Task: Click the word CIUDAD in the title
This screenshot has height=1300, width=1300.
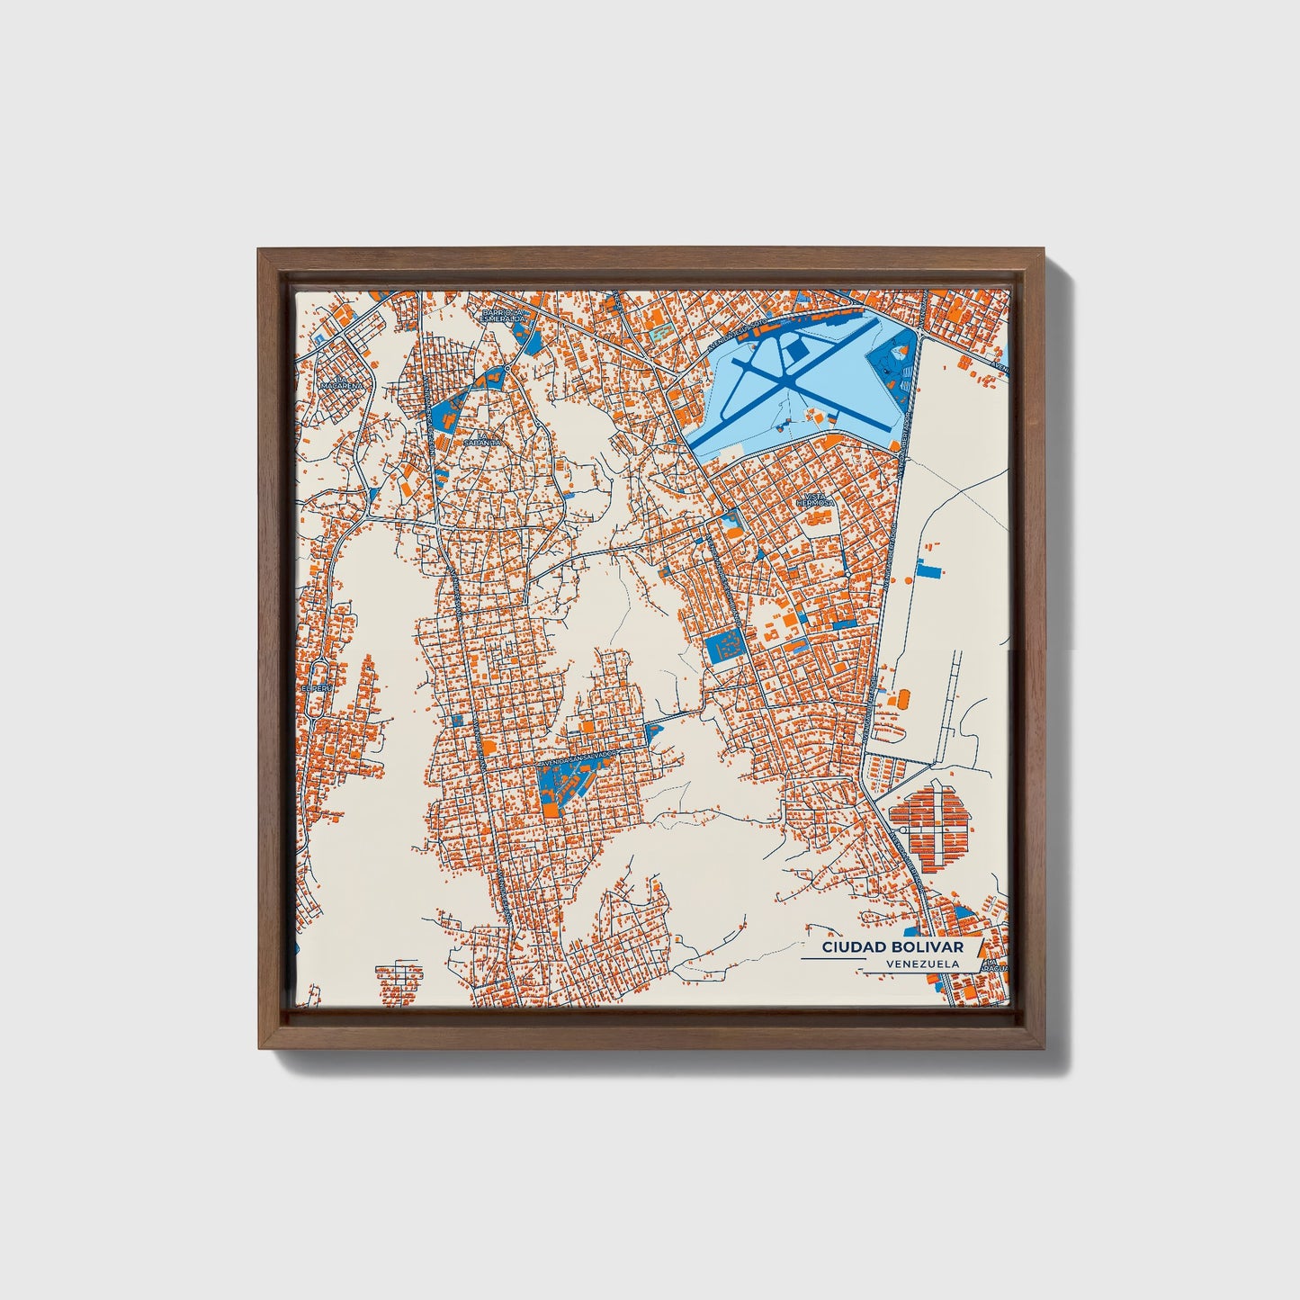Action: pyautogui.click(x=850, y=948)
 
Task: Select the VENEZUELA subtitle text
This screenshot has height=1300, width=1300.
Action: pyautogui.click(x=921, y=964)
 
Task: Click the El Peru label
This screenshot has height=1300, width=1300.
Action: pyautogui.click(x=311, y=688)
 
